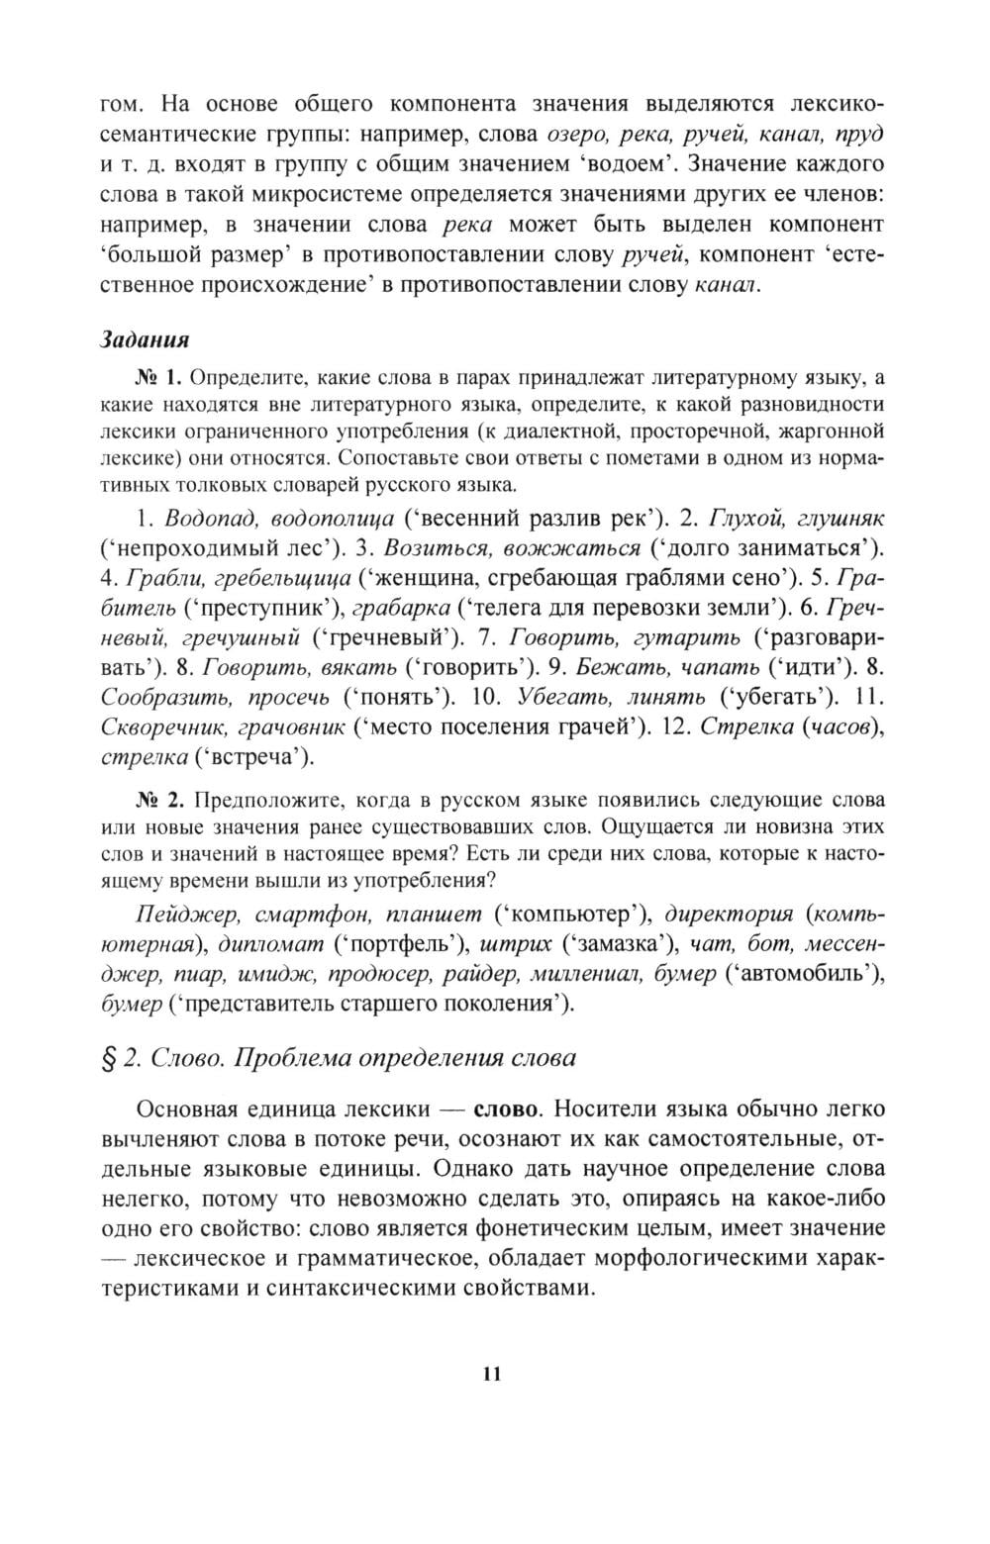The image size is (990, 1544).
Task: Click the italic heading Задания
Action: pos(145,339)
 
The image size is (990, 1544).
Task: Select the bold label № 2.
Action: pos(158,799)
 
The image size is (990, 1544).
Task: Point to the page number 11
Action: pos(492,1373)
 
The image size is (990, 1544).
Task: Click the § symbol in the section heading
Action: pos(110,1058)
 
